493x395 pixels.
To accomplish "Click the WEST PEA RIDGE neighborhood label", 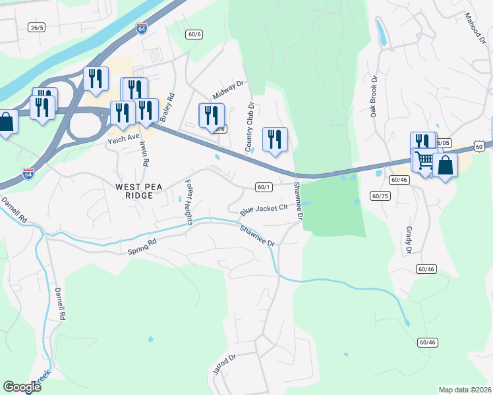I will (x=134, y=191).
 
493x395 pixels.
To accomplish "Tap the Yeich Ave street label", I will (x=125, y=138).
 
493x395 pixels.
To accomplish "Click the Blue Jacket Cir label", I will (x=264, y=210).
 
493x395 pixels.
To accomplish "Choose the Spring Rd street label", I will (x=143, y=246).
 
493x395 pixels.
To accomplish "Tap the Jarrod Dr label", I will (x=224, y=366).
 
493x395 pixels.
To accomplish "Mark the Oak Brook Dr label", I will (x=374, y=96).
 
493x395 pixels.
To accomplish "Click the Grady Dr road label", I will (x=409, y=241).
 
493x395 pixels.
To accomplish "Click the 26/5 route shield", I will (x=36, y=27).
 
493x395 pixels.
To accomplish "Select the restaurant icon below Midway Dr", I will (x=212, y=115).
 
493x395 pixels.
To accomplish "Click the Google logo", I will (x=22, y=387).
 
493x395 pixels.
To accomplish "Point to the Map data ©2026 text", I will (x=465, y=390).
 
